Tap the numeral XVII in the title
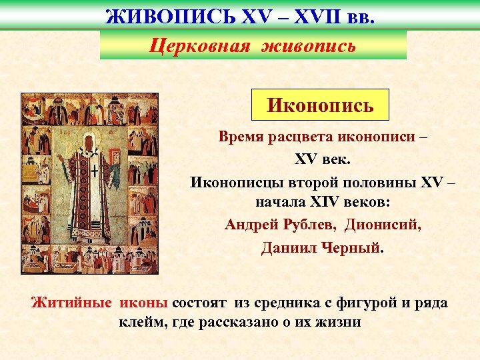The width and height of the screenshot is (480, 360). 306,14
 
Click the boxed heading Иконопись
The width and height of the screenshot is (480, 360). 320,105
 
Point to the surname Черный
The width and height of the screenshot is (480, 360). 353,247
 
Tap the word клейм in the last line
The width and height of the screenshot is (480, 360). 141,323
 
